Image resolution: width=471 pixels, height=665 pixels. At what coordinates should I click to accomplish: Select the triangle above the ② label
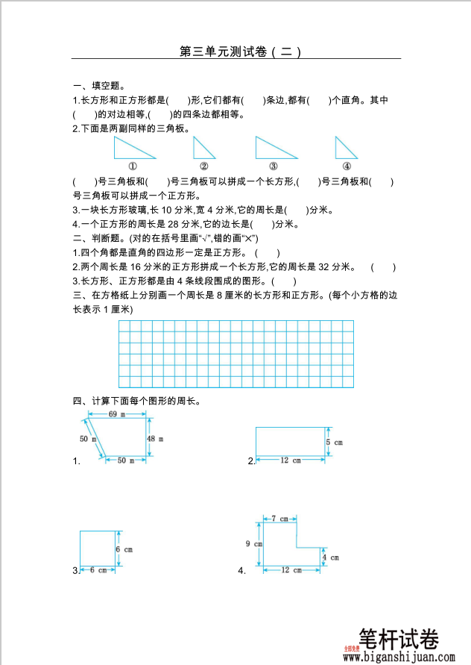tap(201, 150)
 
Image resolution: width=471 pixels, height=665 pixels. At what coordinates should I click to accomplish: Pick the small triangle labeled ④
tap(344, 149)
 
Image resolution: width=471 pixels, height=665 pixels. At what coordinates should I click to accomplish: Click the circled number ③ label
tap(274, 166)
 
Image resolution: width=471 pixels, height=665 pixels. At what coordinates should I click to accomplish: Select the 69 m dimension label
tap(116, 413)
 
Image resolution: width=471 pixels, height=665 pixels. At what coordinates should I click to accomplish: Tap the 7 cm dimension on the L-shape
tap(279, 518)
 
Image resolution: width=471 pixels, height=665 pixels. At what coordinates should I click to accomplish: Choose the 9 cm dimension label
tap(253, 543)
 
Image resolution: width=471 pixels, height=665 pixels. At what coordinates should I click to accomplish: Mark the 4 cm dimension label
tap(330, 557)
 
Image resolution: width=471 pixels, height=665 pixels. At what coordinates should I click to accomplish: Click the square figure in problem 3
tap(98, 549)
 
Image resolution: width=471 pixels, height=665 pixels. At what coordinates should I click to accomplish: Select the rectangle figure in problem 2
tap(291, 441)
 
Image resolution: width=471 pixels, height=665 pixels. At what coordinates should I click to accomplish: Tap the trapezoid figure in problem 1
tap(122, 437)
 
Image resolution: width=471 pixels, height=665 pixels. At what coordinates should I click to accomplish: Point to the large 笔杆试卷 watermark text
tap(399, 640)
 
